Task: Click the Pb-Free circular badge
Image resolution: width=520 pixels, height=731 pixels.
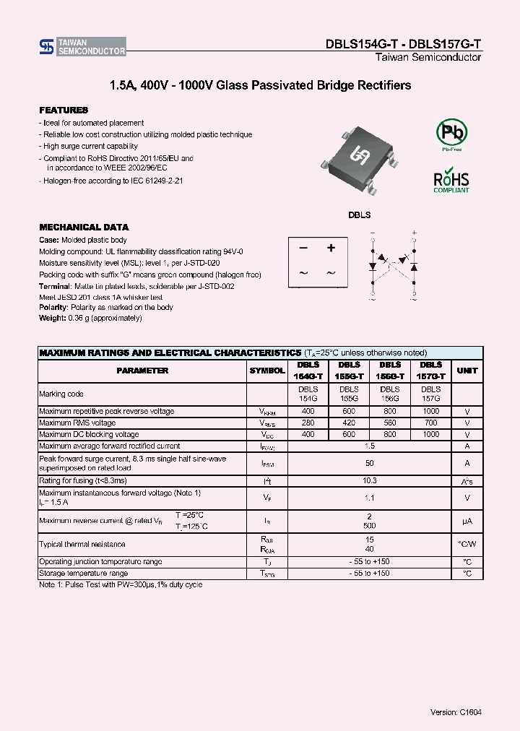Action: [x=451, y=133]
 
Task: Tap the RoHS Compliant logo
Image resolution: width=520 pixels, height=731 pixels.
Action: [x=451, y=181]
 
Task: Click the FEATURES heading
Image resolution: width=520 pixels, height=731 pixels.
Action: [x=64, y=110]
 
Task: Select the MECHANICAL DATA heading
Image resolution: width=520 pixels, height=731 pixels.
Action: [x=84, y=227]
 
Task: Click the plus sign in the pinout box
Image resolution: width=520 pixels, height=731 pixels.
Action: [x=331, y=248]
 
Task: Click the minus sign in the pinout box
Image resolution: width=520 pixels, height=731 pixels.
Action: [x=303, y=248]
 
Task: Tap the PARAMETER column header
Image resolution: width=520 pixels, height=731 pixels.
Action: [x=142, y=371]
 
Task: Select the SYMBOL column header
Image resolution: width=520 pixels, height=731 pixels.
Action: [x=267, y=371]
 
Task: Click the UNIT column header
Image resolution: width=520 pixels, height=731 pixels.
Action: [x=467, y=371]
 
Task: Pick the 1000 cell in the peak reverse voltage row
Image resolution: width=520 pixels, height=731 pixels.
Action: [x=431, y=411]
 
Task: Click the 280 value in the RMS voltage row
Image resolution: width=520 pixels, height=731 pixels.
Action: [x=308, y=423]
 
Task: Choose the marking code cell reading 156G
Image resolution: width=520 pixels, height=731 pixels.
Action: [x=390, y=399]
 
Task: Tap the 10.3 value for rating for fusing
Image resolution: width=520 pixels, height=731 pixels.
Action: [x=370, y=480]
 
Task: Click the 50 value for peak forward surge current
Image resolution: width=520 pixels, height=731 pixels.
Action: [x=370, y=463]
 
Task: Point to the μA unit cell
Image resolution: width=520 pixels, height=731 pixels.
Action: [x=467, y=521]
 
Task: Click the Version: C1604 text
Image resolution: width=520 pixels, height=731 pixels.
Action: [x=456, y=711]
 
